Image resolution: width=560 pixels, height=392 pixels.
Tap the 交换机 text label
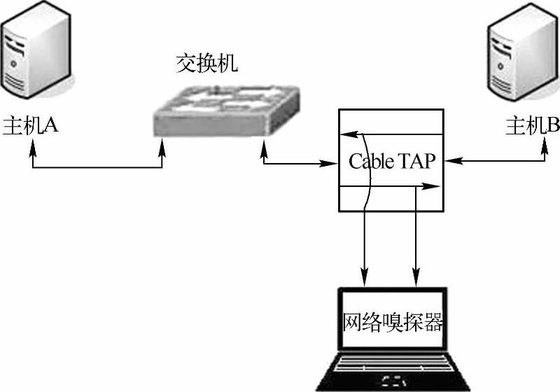click(206, 65)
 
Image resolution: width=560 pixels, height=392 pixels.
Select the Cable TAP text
click(392, 162)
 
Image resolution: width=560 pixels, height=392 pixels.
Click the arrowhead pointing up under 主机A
click(33, 147)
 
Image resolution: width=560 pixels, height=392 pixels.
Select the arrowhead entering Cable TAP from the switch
click(332, 164)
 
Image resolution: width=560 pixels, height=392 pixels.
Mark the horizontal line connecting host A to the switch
click(98, 167)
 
